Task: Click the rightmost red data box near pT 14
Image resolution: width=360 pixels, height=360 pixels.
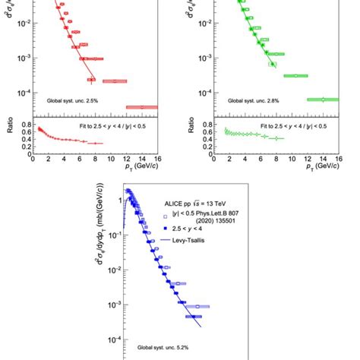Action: pos(141,107)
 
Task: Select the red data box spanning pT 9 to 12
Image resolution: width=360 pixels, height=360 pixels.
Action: pos(115,81)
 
